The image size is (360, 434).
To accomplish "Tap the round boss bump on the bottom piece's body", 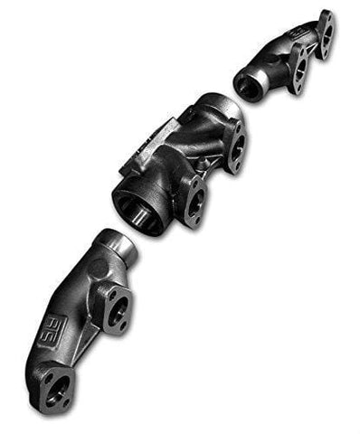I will [x=86, y=271].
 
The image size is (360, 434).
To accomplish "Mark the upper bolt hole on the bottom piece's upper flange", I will [x=109, y=291].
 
